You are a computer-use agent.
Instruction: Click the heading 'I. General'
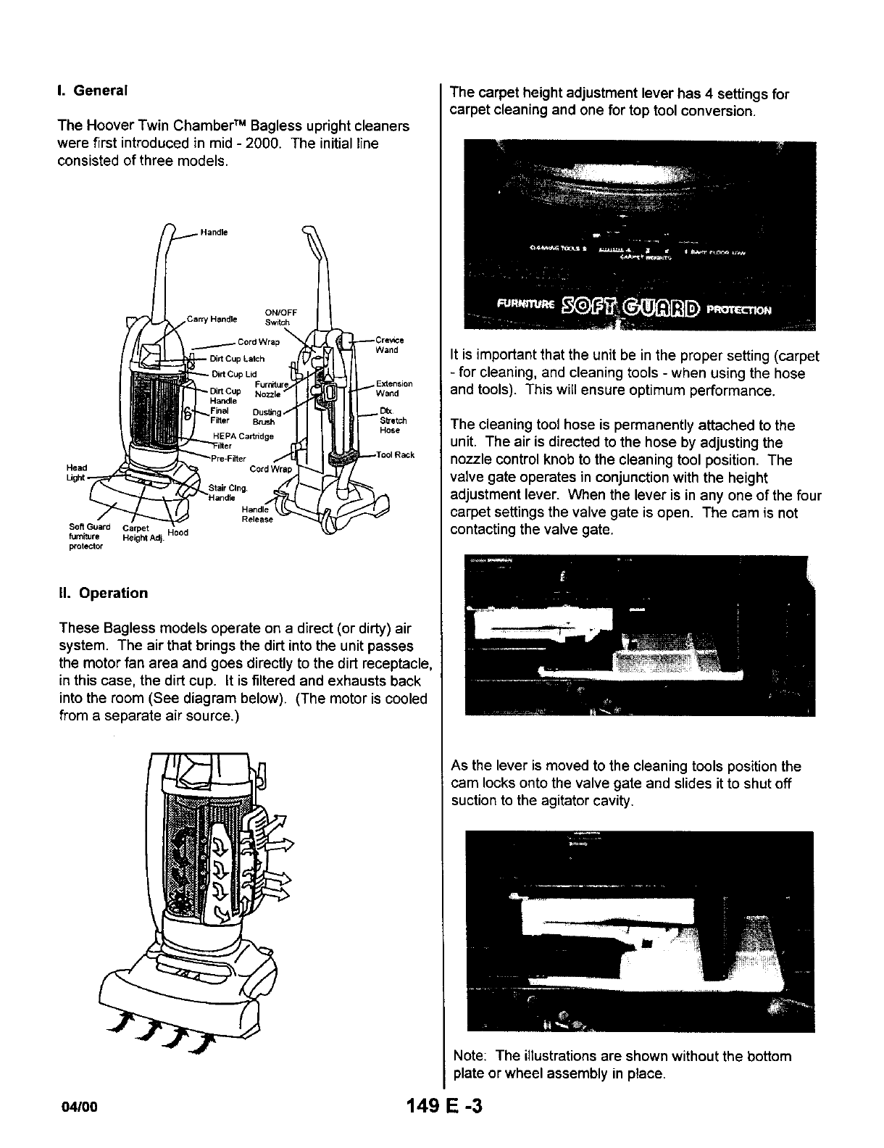pos(92,91)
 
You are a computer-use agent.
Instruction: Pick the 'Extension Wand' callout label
pos(393,388)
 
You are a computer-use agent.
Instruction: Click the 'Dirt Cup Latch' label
pos(237,359)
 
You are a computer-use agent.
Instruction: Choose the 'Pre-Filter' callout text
pos(228,458)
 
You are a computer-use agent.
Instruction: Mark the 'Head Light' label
pos(76,472)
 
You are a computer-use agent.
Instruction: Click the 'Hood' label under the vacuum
pos(178,533)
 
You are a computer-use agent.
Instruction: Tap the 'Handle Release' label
pos(257,514)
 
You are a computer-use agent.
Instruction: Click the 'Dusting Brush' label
pos(265,417)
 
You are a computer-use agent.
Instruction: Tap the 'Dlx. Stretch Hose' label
pos(393,420)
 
